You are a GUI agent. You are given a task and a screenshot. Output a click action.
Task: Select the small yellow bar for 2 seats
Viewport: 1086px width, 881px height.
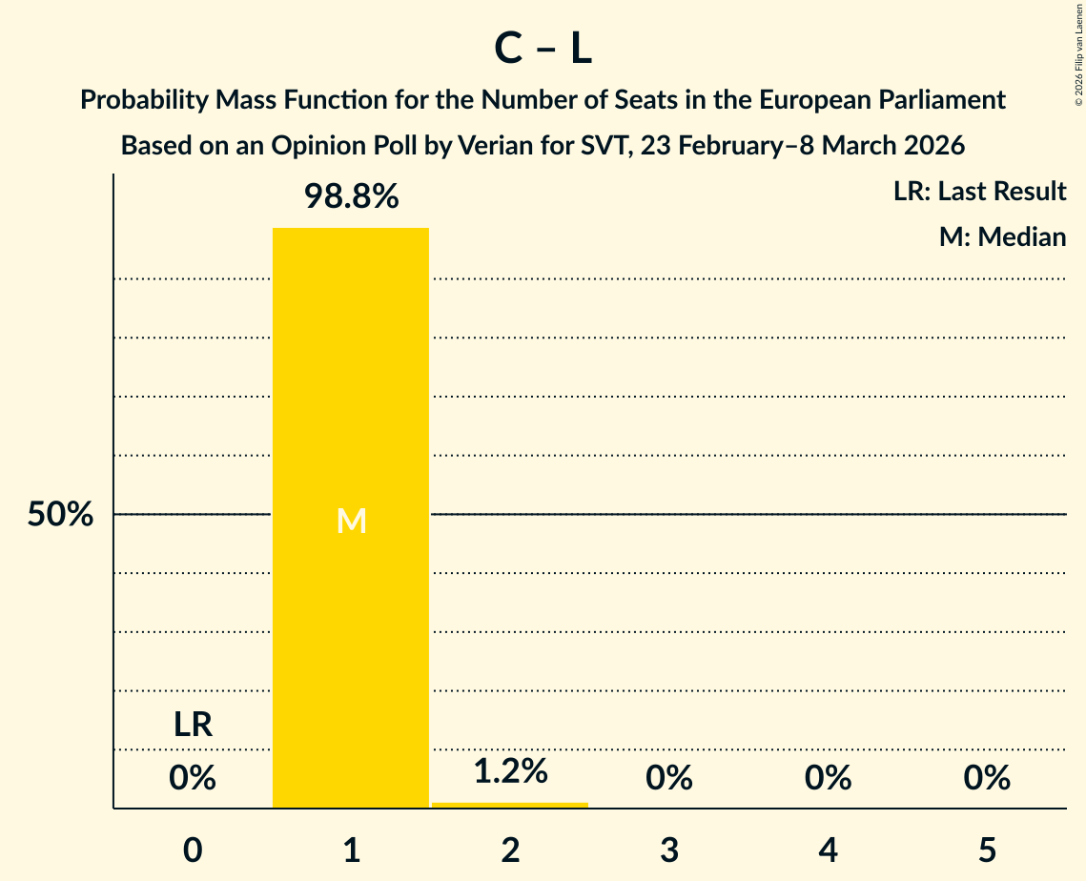point(510,806)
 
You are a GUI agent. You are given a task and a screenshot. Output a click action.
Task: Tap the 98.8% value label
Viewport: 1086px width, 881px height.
point(351,197)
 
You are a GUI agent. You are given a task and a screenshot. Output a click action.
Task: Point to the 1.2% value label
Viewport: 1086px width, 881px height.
point(510,771)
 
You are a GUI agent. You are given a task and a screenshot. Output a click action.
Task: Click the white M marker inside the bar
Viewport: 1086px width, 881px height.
point(352,521)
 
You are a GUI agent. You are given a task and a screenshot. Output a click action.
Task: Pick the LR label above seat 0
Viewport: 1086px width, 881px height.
point(193,726)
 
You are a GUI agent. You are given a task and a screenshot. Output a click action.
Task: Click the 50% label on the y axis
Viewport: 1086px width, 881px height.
point(60,515)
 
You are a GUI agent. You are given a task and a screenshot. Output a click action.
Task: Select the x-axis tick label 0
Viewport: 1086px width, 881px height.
point(193,850)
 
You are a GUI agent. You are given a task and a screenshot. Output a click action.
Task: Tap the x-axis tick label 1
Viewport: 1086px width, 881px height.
point(352,850)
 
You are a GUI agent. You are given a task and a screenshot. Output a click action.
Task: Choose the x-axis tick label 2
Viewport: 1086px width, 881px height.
point(510,850)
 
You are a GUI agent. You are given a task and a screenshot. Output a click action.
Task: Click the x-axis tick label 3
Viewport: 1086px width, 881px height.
point(669,850)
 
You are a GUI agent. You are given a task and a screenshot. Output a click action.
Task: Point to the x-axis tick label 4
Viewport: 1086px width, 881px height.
point(828,850)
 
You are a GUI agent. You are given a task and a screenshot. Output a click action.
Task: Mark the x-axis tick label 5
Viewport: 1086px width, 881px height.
point(987,850)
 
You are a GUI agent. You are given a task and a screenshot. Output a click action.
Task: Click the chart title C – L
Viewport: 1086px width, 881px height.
point(543,50)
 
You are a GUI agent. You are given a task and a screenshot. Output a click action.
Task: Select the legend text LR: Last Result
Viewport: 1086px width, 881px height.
point(979,192)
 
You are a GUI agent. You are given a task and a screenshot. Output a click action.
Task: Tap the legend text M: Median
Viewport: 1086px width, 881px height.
point(1002,236)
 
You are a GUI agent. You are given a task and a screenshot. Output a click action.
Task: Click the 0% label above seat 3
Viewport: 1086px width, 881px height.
point(669,779)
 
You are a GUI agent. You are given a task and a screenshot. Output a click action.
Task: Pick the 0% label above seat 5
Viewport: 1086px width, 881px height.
point(987,779)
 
